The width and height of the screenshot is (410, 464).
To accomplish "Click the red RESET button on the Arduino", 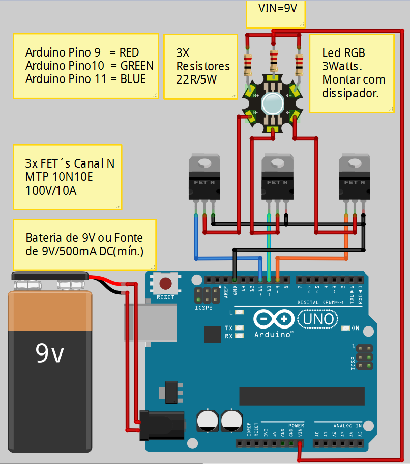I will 165,283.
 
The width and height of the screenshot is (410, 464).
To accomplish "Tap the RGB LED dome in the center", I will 274,103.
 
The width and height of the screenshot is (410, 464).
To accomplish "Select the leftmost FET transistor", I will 204,177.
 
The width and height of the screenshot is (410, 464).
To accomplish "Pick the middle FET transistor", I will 277,177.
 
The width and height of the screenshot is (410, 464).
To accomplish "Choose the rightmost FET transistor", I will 355,177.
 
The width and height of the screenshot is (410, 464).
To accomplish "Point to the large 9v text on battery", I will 50,352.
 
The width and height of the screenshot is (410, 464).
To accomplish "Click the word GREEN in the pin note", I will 137,66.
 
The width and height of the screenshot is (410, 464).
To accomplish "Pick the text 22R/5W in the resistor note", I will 197,79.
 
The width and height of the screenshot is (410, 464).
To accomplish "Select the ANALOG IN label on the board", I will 347,425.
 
